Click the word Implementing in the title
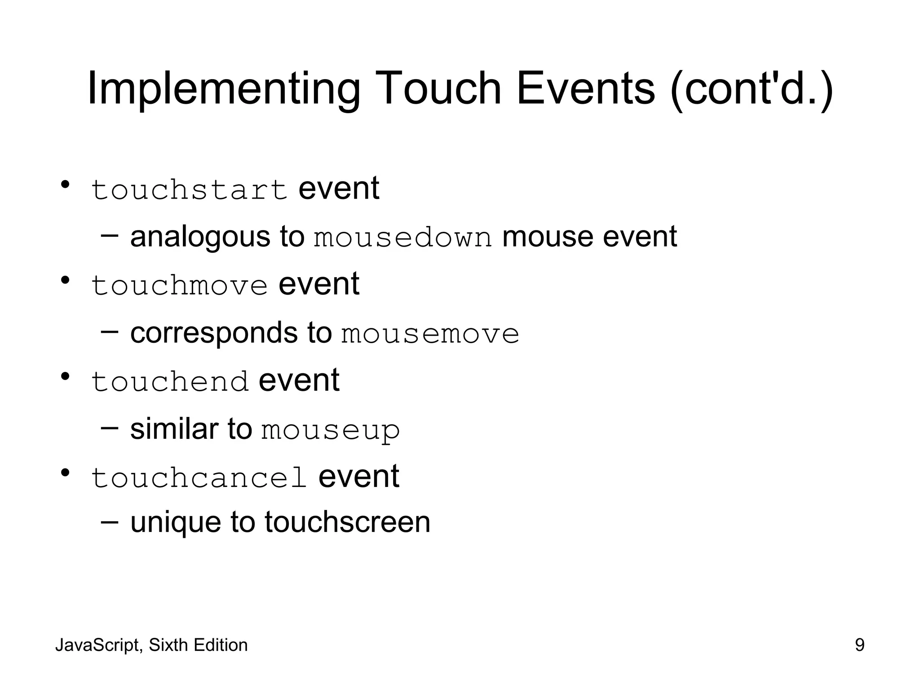pos(223,89)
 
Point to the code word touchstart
pos(189,190)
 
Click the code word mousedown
pos(402,238)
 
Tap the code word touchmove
pos(179,286)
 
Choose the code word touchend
pos(170,382)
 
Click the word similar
pos(174,429)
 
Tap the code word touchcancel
pos(199,478)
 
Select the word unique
pos(175,523)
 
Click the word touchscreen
pos(347,522)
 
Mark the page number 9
pos(859,645)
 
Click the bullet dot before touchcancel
pos(65,473)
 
